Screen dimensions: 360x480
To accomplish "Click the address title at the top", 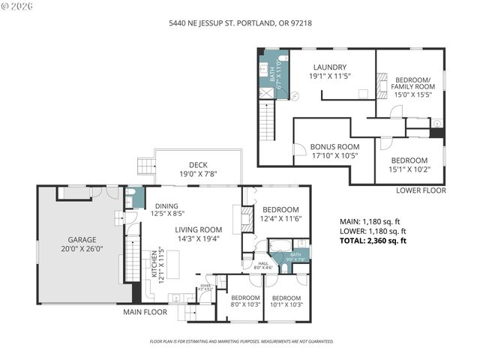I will (x=240, y=23).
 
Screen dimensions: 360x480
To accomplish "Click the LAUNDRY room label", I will (x=330, y=66).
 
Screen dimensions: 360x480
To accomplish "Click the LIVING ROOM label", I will (x=199, y=229).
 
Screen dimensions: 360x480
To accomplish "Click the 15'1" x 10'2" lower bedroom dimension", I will (x=409, y=169).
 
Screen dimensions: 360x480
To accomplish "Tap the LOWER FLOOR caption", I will (x=421, y=190).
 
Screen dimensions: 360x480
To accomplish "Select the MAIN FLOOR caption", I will (x=146, y=311).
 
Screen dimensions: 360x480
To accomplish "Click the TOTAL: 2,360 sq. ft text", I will (x=373, y=241).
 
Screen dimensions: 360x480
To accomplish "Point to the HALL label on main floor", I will (x=263, y=263).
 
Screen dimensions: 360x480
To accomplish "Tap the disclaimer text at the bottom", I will (x=241, y=341).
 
